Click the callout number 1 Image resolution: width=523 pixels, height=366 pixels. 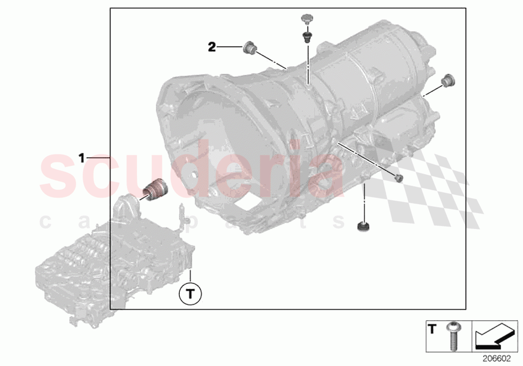(82, 158)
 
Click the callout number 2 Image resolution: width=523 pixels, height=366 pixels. (212, 47)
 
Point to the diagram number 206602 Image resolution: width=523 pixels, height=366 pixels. (496, 358)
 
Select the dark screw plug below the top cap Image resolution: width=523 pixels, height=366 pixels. (306, 36)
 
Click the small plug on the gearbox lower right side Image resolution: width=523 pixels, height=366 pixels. (397, 178)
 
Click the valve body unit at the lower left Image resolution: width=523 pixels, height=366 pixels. (115, 259)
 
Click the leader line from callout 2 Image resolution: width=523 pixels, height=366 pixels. (230, 47)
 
